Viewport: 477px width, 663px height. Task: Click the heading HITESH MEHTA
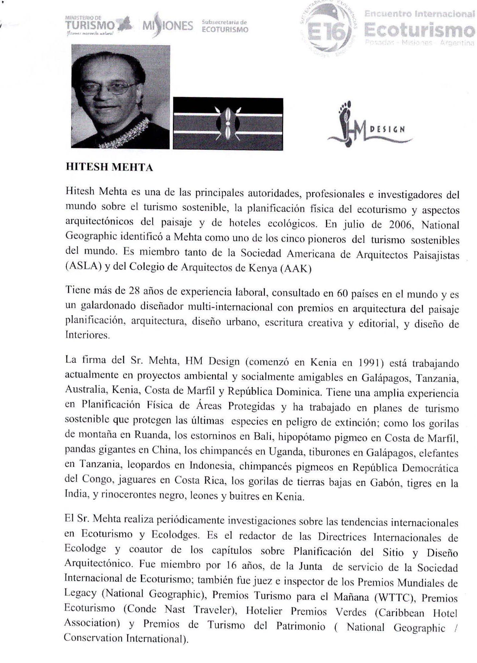[x=109, y=167]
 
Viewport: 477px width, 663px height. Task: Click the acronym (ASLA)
[x=83, y=267]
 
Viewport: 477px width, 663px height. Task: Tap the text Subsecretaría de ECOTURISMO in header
[x=225, y=26]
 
